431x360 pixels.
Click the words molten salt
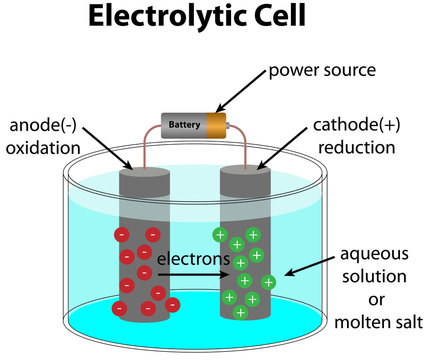380,322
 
